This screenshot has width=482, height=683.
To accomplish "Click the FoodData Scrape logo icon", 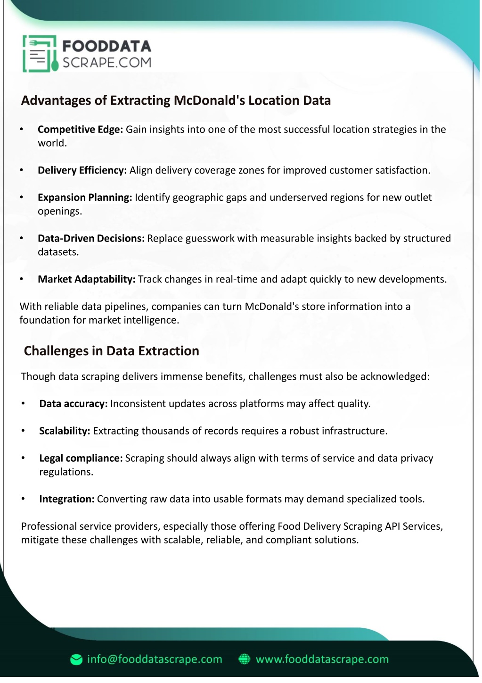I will (x=40, y=54).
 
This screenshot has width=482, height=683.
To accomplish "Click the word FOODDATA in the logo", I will (x=107, y=46).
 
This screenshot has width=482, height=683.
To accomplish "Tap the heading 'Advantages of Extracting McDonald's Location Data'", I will (x=176, y=100).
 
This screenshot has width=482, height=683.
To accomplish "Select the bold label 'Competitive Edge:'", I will (x=80, y=129).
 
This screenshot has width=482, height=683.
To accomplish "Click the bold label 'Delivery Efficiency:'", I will (x=82, y=170).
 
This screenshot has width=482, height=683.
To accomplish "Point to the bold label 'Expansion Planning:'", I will (x=85, y=197).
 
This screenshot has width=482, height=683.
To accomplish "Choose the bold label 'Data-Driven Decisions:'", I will (x=91, y=238).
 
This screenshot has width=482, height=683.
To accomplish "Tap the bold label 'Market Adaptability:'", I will (x=86, y=279).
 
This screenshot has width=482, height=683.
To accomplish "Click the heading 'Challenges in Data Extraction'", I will (x=111, y=351).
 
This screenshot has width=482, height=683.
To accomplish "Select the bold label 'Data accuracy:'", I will (x=74, y=404).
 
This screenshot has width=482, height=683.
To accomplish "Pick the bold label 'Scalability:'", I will (x=65, y=431).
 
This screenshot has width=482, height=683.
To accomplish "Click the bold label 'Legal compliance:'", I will (x=81, y=458).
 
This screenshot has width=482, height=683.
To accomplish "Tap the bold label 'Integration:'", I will (x=67, y=499).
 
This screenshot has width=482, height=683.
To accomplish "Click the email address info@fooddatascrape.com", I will (x=154, y=659).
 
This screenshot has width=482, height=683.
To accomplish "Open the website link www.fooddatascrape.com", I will (x=322, y=659).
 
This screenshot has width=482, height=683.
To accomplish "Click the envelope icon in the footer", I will (x=76, y=660).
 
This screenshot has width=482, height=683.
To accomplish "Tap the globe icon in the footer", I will (x=244, y=659).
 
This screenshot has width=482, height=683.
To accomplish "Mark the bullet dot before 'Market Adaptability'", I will (x=22, y=279).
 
